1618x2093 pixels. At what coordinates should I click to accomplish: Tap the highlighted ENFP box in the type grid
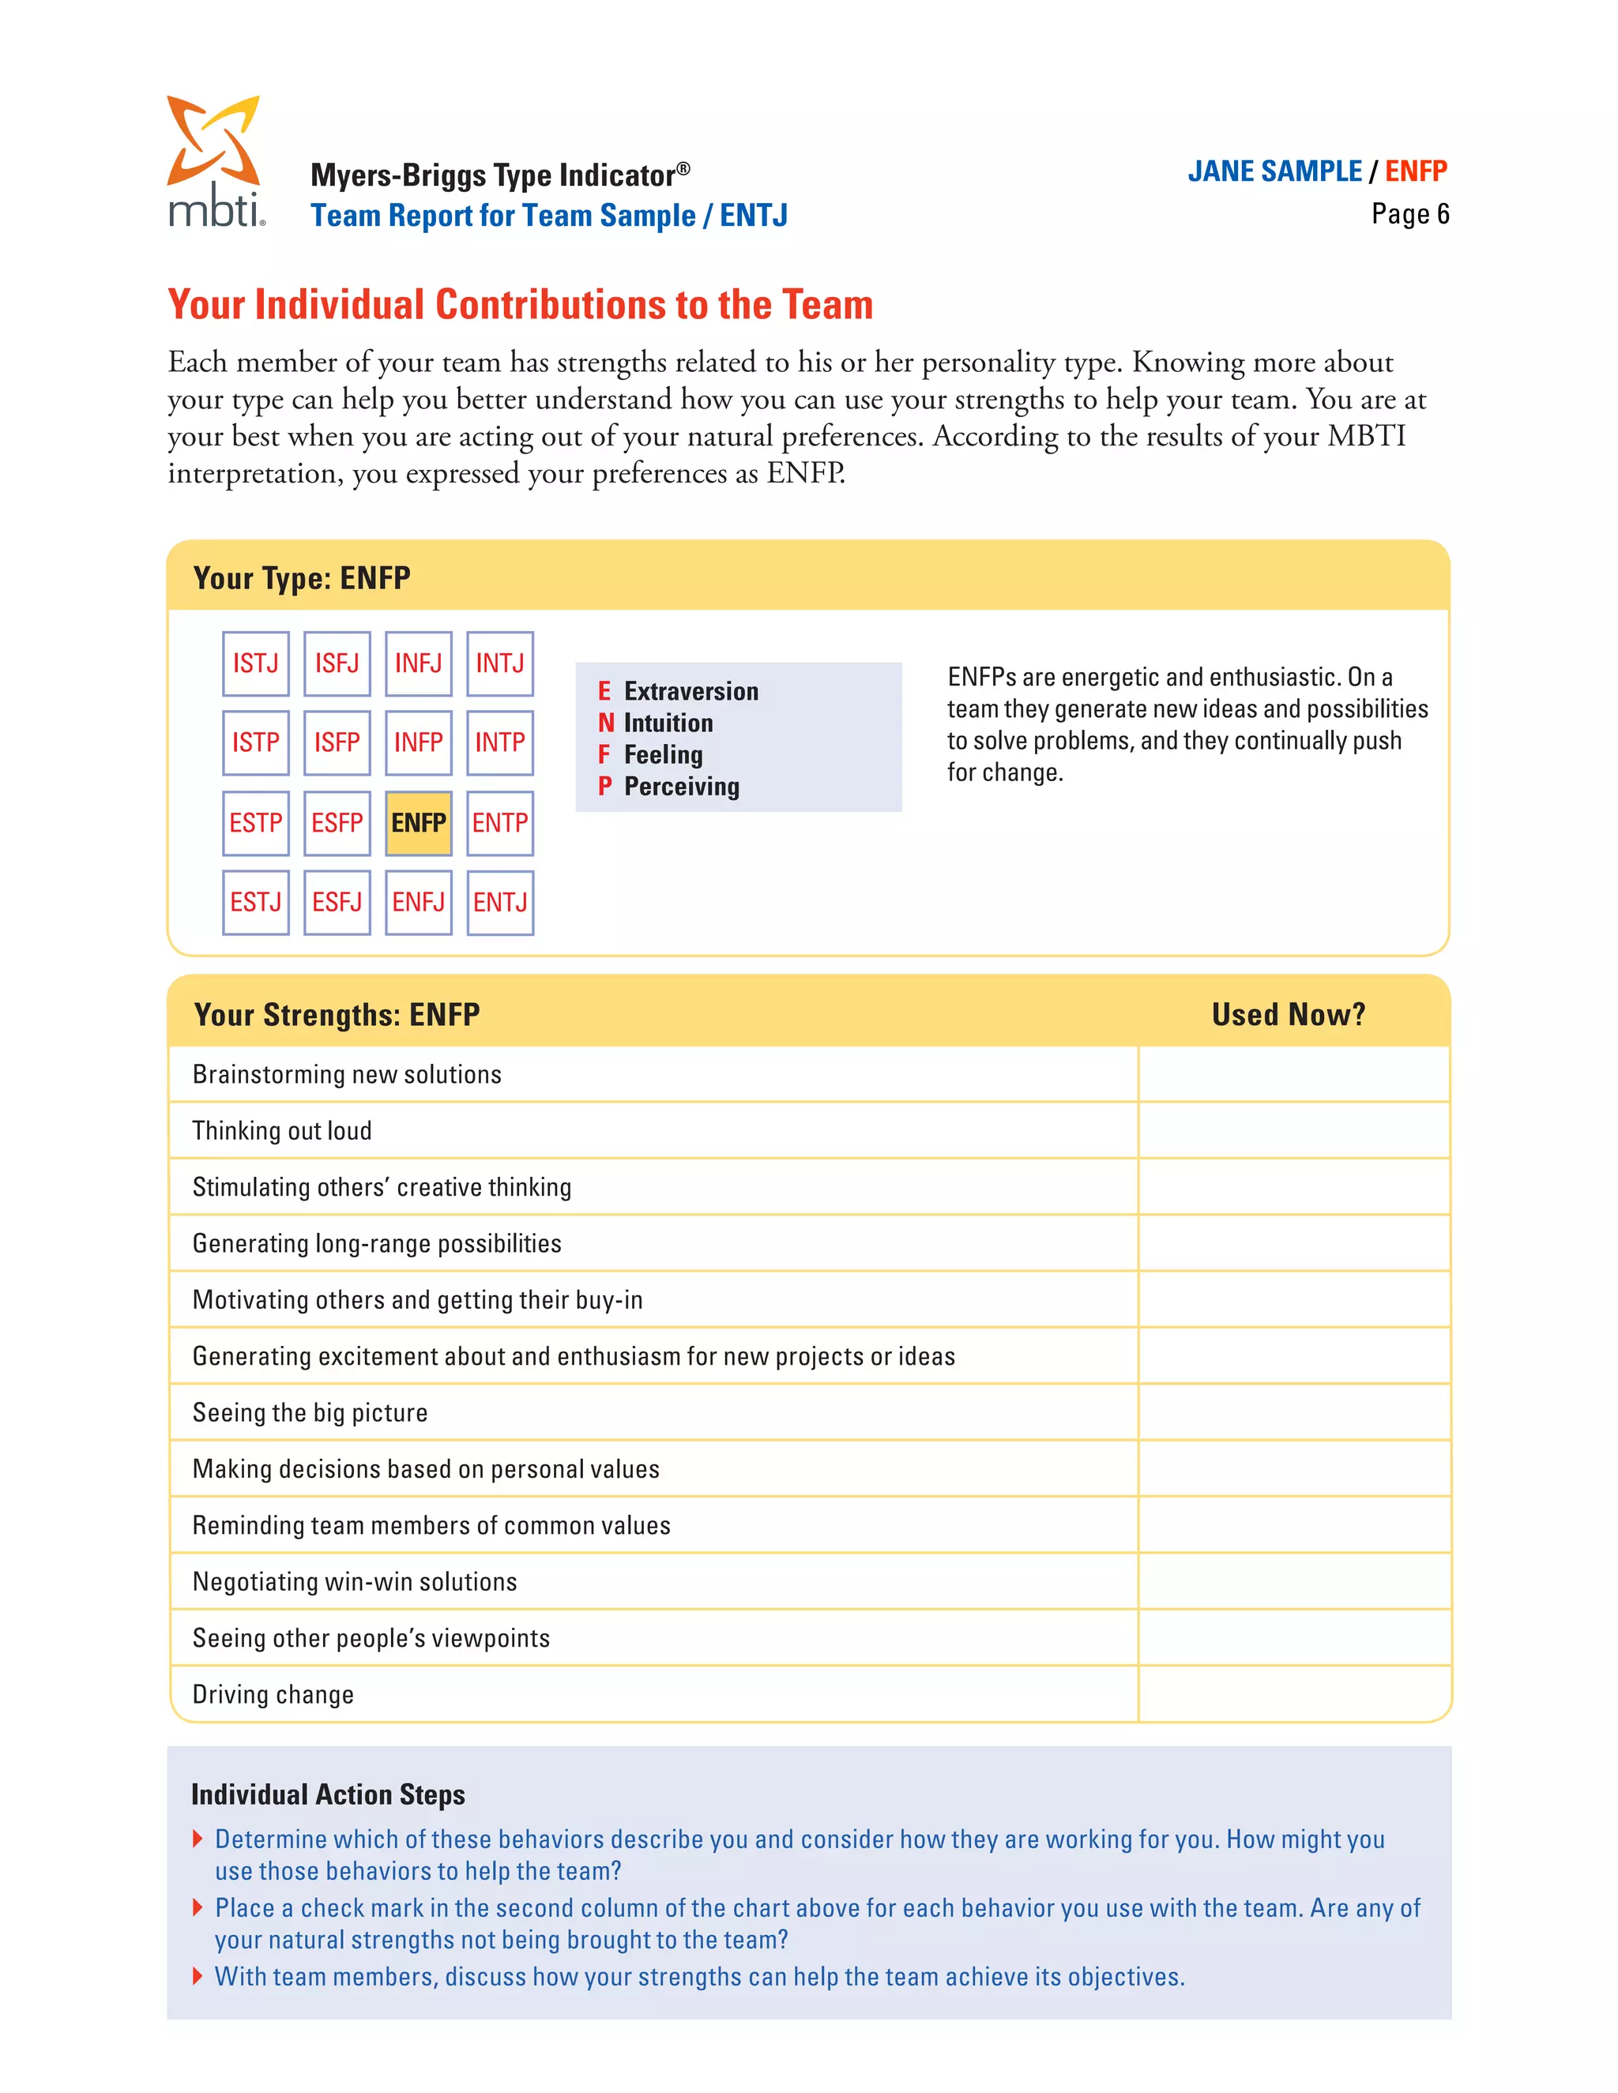tap(418, 822)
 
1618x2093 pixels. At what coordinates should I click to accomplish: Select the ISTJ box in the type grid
tap(255, 663)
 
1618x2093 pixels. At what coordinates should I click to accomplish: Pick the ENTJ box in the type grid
tap(499, 902)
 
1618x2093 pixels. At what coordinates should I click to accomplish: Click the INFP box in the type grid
tap(418, 742)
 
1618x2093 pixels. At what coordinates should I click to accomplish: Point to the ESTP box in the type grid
tap(255, 822)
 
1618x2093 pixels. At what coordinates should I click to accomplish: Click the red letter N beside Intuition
tap(605, 723)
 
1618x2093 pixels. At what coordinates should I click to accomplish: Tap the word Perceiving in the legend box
tap(682, 787)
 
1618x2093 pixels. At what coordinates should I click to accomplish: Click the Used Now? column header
tap(1287, 1014)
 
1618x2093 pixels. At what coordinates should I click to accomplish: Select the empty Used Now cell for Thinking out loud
tap(1293, 1131)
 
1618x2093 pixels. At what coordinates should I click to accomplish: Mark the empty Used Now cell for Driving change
tap(1293, 1693)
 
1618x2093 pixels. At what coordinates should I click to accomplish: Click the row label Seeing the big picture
tap(310, 1413)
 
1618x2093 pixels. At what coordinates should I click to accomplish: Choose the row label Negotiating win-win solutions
tap(355, 1581)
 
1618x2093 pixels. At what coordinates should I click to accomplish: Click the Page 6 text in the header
tap(1409, 214)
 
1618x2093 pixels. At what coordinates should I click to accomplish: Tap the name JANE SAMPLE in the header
tap(1274, 171)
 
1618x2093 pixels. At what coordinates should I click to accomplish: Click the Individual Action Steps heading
tap(328, 1794)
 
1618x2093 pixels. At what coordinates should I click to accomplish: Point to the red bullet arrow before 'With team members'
tap(198, 1976)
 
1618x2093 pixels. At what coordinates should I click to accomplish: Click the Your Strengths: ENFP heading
tap(337, 1014)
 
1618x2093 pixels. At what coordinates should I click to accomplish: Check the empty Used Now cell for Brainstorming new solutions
tap(1293, 1074)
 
